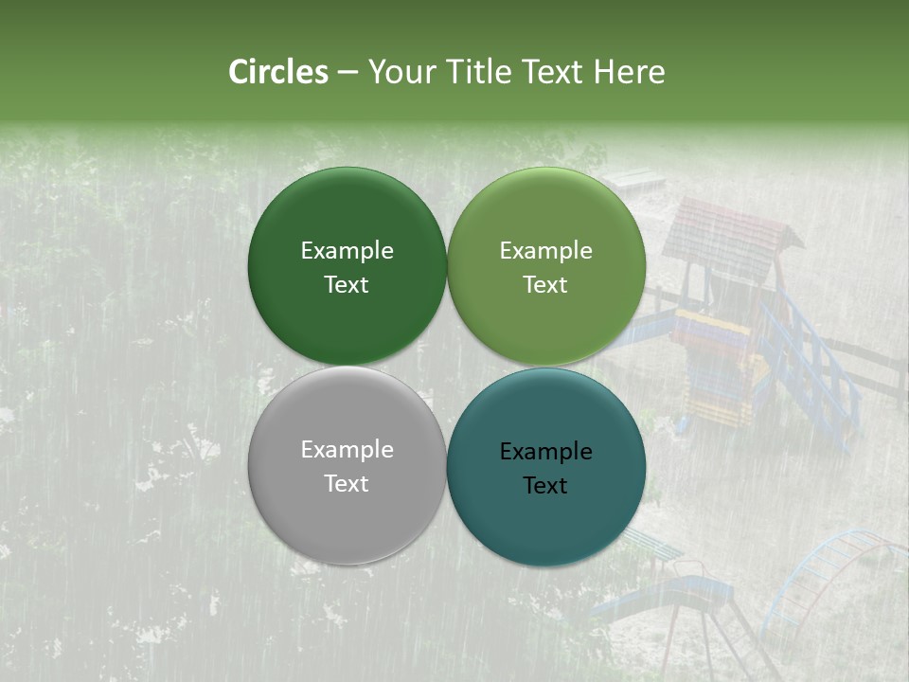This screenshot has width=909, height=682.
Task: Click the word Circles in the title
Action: click(277, 72)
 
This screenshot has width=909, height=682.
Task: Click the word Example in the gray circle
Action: click(347, 450)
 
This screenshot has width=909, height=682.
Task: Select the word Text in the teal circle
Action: click(545, 486)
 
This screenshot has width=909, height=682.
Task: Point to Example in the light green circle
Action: click(545, 251)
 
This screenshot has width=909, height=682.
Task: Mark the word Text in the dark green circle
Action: click(347, 285)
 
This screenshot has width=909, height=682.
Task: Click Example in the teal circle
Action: click(545, 452)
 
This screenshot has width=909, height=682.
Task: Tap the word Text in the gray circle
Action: click(347, 484)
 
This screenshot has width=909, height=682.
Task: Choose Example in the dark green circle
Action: click(347, 251)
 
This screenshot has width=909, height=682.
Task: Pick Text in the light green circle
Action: click(545, 285)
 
